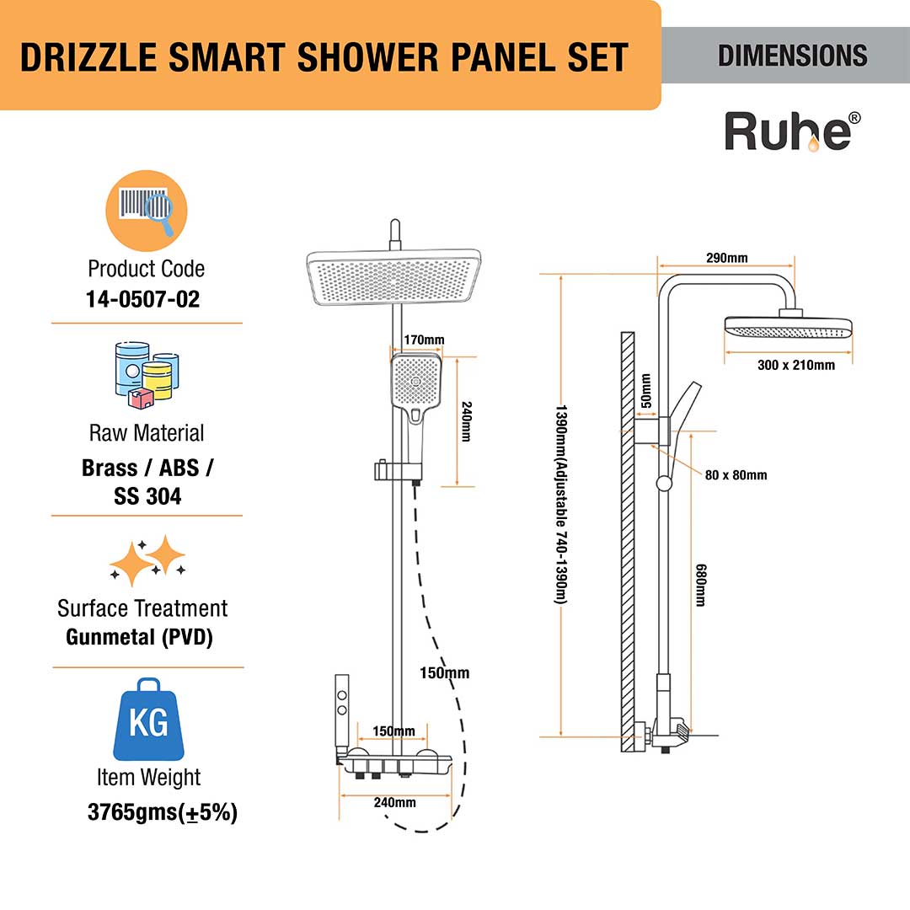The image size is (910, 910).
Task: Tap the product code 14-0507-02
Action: point(146,299)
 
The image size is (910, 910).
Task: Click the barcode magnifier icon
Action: point(146,209)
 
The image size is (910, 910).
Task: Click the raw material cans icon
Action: point(147,372)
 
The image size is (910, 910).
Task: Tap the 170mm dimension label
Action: point(424,340)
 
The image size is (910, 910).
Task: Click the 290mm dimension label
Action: point(726,258)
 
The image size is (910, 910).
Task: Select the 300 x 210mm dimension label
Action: point(795,365)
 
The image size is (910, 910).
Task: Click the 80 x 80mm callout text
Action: point(736,475)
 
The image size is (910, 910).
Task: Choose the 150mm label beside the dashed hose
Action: point(446,672)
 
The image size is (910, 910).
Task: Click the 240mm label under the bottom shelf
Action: point(394,802)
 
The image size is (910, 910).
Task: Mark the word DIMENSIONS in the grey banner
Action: point(792,56)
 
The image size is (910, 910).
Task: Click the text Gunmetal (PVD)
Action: point(139,637)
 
